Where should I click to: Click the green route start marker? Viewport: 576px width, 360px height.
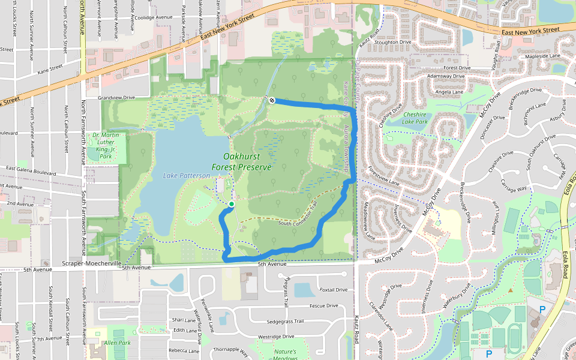click(232, 205)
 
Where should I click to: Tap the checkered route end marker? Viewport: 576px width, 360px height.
click(272, 100)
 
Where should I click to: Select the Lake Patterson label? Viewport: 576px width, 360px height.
click(187, 175)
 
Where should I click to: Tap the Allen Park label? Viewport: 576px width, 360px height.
click(117, 343)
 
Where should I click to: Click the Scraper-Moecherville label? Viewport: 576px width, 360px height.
click(91, 263)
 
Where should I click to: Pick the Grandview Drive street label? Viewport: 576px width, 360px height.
click(116, 97)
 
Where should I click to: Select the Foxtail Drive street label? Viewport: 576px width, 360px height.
click(334, 289)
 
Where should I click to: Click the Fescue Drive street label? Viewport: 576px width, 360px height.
click(325, 305)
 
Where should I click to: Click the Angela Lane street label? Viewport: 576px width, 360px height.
click(449, 92)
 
